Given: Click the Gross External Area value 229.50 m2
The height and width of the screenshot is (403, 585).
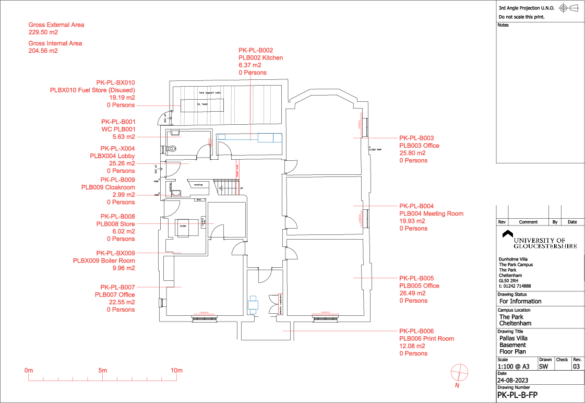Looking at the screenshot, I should tap(43, 32).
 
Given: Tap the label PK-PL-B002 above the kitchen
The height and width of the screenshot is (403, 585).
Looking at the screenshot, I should tap(256, 50).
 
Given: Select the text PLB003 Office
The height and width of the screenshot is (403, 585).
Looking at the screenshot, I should tap(419, 146).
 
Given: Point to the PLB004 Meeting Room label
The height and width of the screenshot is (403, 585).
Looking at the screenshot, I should tap(431, 214).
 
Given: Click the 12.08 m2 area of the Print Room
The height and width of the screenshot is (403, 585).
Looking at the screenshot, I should tap(413, 346).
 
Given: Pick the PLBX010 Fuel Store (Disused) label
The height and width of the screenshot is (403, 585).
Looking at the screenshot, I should tap(92, 90).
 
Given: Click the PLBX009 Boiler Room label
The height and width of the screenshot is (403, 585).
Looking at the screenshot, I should tap(104, 260).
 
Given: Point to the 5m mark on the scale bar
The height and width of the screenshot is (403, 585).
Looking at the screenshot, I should tap(103, 371).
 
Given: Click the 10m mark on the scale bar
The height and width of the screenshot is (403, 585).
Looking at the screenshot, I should tap(177, 371).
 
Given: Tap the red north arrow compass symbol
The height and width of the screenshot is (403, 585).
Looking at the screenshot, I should tap(459, 372).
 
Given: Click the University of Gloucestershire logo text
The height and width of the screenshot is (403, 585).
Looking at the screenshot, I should tap(545, 243).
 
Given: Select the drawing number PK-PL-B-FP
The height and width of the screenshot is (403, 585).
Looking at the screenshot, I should tap(517, 395).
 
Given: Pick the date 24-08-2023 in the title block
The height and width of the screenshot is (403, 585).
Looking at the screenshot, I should tap(513, 380).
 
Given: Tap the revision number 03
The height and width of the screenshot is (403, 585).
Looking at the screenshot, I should tap(576, 366).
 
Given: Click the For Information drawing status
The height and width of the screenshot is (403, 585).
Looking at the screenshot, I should tap(520, 301).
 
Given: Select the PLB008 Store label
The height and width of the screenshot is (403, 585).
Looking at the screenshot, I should tap(115, 224).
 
